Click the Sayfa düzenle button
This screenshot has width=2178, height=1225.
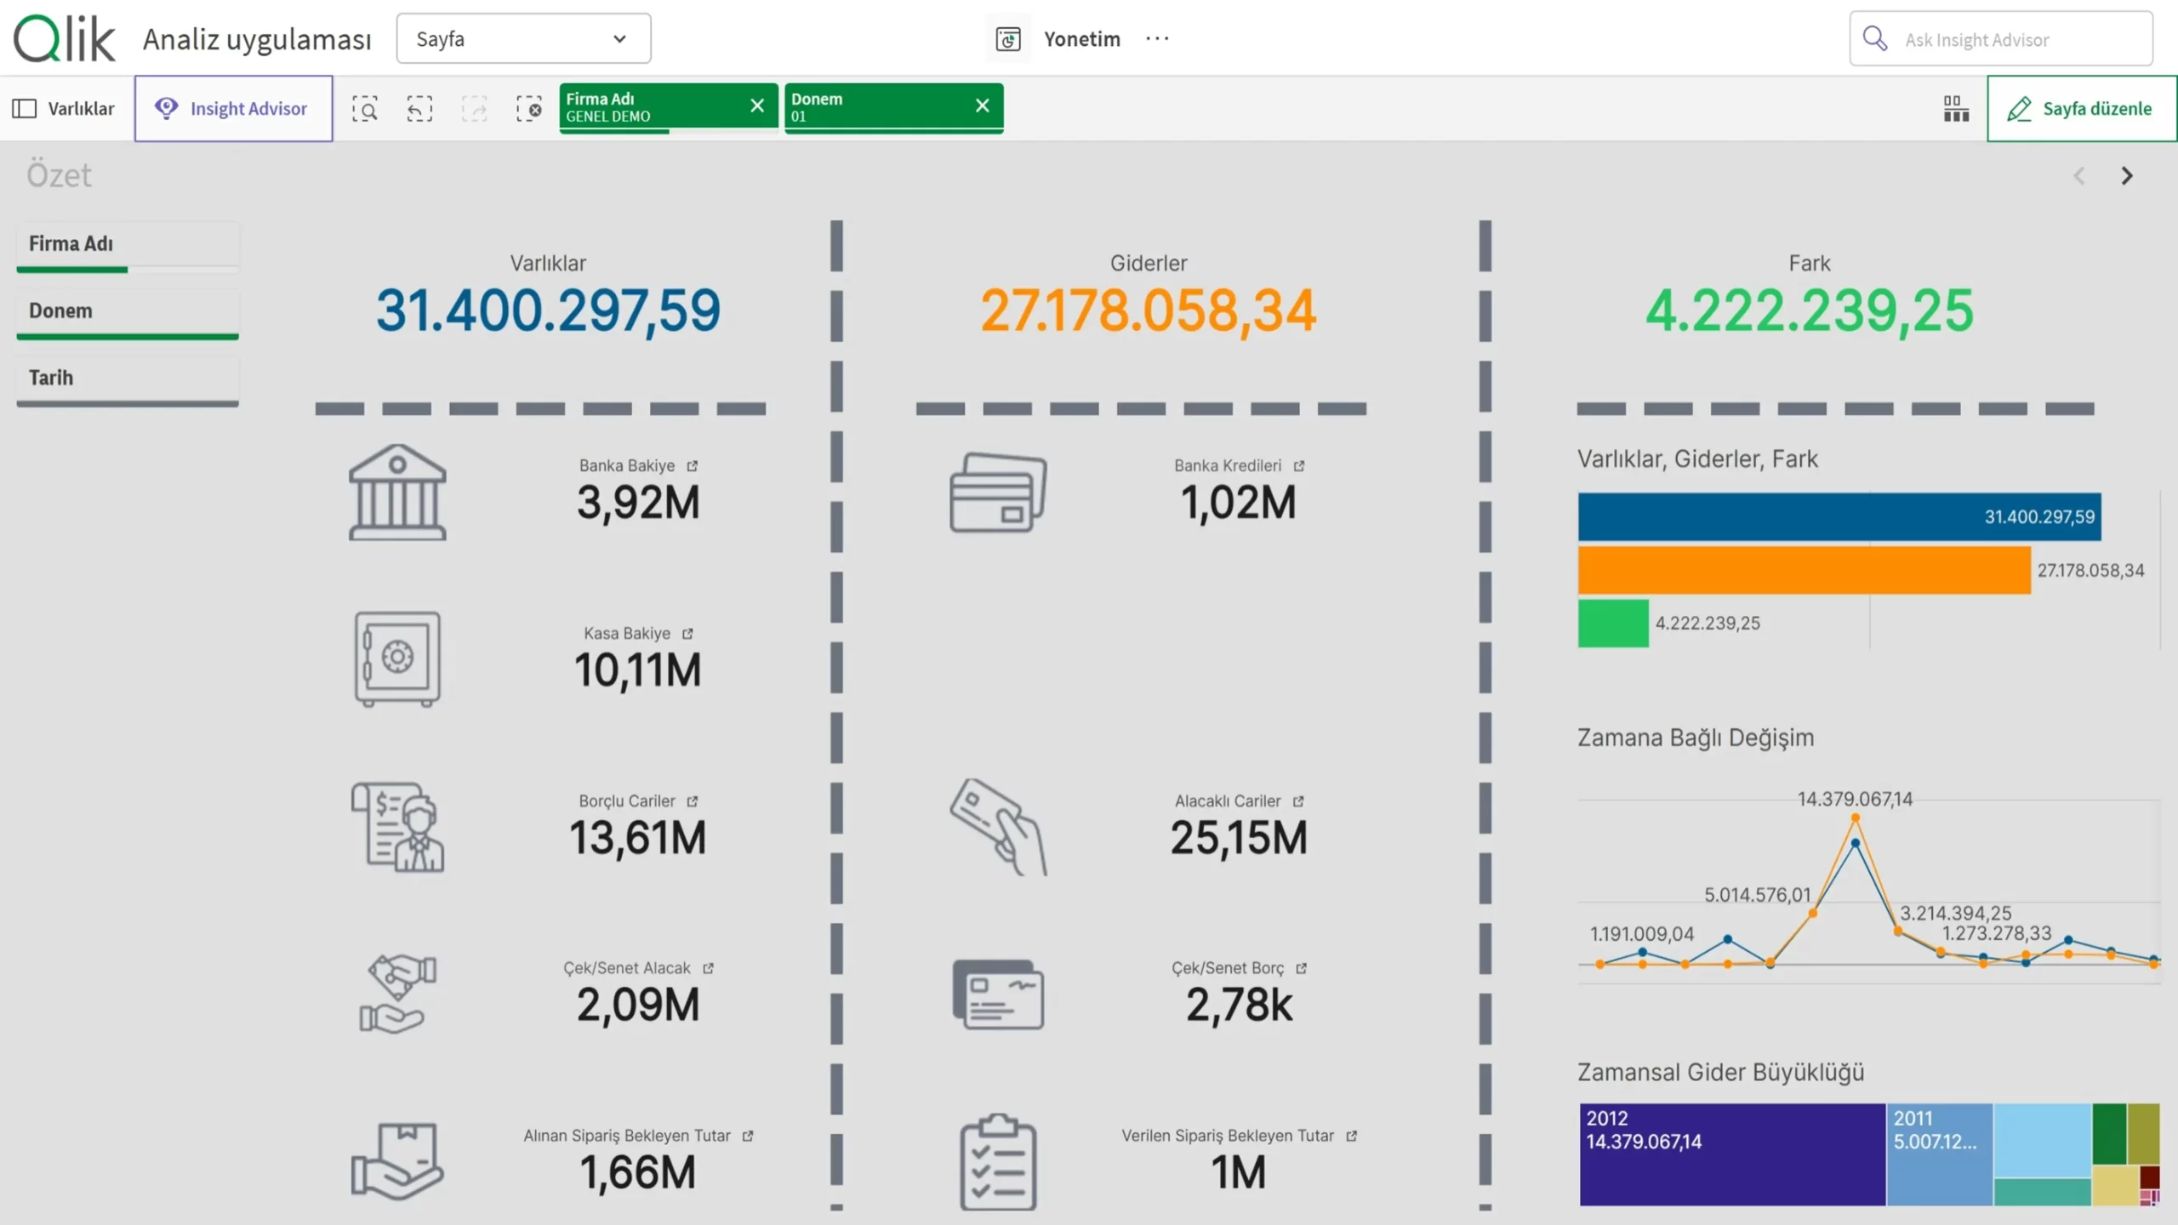click(2081, 109)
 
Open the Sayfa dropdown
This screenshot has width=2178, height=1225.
click(523, 38)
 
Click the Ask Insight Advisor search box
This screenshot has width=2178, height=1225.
click(2001, 38)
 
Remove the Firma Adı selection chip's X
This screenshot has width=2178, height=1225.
click(757, 105)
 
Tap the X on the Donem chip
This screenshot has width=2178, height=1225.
click(983, 105)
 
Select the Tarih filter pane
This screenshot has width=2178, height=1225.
click(128, 379)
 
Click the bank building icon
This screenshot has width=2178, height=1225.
click(397, 492)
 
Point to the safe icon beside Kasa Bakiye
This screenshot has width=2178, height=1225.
click(397, 658)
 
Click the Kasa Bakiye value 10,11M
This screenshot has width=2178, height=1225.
click(638, 669)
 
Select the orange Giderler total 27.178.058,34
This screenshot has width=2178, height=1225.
click(1149, 310)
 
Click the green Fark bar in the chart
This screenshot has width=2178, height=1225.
click(1613, 624)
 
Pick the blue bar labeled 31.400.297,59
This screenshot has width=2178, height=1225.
click(1839, 516)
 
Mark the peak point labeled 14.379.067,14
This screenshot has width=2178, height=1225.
click(1856, 818)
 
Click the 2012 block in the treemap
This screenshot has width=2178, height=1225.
click(1732, 1154)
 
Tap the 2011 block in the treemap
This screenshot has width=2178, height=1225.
click(1939, 1154)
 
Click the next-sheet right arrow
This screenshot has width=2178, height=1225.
click(2127, 176)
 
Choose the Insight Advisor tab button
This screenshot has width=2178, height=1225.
click(233, 109)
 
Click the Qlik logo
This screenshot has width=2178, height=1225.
click(65, 38)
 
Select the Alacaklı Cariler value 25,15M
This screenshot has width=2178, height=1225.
click(1239, 837)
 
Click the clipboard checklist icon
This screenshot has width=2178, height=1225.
click(998, 1161)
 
